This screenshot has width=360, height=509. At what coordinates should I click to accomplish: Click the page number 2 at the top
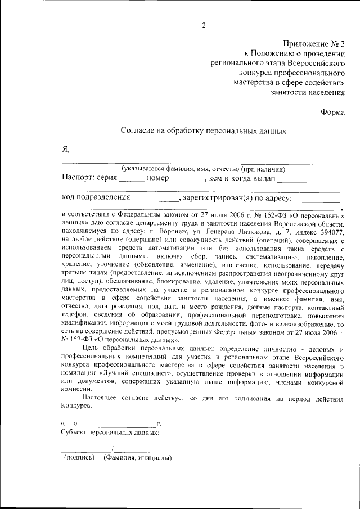click(204, 25)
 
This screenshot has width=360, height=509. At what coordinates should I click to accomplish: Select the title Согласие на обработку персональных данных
click(204, 131)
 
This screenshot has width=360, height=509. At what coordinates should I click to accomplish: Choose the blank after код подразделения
click(155, 199)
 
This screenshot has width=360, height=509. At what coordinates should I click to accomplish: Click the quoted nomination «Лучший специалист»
click(133, 373)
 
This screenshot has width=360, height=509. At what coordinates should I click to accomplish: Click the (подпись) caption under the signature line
click(79, 458)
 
